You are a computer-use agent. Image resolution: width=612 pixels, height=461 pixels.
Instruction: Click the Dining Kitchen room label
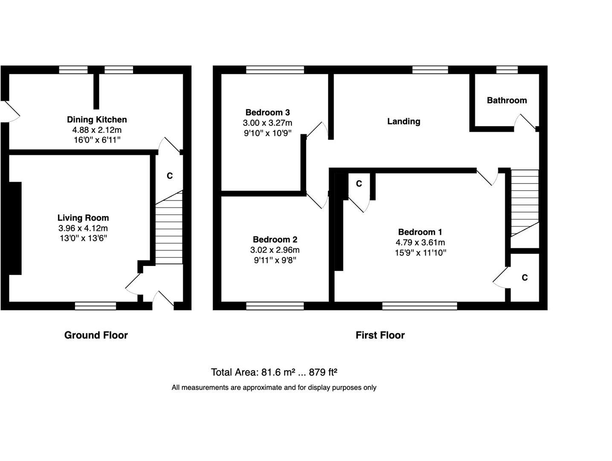point(97,120)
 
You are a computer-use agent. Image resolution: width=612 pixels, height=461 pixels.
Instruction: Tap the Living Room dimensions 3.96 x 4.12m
point(83,228)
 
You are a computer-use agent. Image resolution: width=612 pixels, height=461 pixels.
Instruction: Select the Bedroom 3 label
point(267,113)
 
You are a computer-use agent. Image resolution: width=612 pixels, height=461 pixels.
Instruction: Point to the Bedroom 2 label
point(275,239)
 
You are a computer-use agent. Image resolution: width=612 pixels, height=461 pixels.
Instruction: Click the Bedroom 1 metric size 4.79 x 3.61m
point(420,242)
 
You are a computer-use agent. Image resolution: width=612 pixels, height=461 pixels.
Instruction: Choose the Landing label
point(403,122)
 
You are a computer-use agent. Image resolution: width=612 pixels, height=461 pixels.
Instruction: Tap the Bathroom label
point(507,101)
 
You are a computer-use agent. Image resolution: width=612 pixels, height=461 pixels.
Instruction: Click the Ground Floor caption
point(96,336)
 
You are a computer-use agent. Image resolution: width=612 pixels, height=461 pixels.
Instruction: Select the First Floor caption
point(380,336)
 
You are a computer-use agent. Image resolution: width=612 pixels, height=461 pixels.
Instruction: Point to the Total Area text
point(274,372)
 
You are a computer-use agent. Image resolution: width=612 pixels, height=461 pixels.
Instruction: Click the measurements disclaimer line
point(274,388)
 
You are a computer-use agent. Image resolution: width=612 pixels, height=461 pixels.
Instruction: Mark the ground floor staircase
point(169,228)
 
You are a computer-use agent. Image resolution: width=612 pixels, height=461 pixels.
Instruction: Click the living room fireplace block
point(15,228)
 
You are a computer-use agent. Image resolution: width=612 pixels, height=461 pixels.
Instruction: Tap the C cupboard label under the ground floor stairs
point(169,176)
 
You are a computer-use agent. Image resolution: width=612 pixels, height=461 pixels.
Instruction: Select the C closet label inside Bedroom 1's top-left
point(359,184)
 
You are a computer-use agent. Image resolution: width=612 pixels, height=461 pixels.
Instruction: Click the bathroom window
point(507,70)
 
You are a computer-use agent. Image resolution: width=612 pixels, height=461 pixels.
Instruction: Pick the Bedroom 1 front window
point(420,306)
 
